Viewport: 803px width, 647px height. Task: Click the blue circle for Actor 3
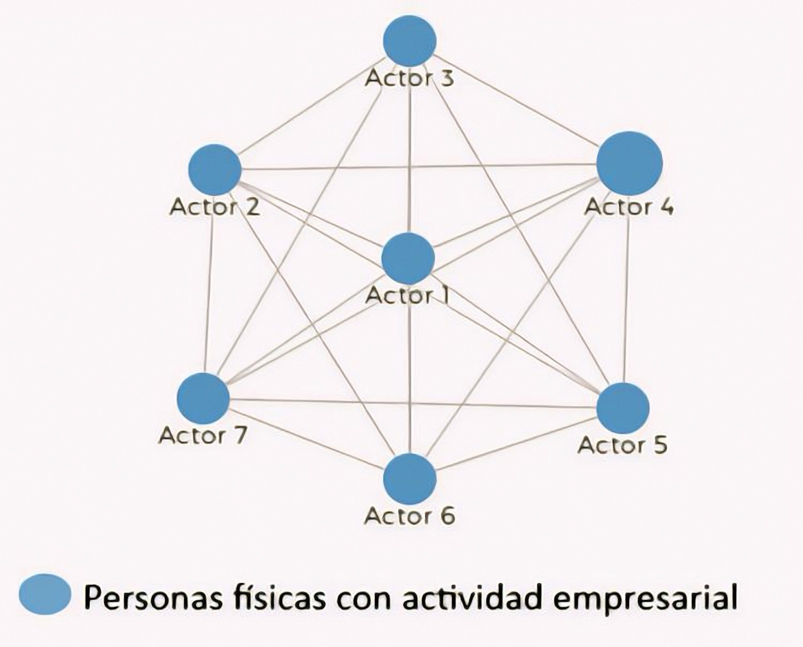409,41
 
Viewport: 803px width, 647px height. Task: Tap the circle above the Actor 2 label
214,170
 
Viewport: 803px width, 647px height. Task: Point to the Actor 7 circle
203,398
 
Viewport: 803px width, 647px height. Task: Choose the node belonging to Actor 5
623,408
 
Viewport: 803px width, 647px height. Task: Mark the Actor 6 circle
409,479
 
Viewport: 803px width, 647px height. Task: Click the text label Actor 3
409,78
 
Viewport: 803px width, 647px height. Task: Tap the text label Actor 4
629,207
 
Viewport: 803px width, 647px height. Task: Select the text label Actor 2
214,207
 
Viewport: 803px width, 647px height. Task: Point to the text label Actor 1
407,296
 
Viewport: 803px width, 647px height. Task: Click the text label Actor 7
203,436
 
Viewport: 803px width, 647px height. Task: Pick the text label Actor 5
623,445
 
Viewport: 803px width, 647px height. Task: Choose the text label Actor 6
409,516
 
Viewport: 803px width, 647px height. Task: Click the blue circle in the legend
45,594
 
